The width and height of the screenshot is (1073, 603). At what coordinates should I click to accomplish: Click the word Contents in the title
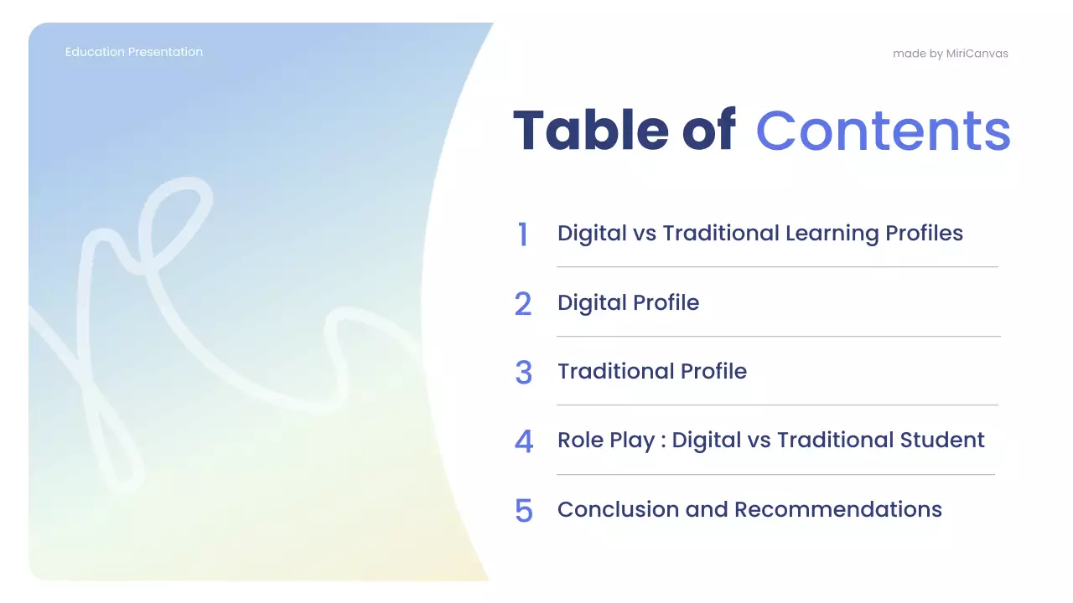[883, 131]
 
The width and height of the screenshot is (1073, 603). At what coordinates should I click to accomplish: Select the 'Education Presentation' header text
[134, 52]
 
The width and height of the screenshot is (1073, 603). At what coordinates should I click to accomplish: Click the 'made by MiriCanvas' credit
[950, 54]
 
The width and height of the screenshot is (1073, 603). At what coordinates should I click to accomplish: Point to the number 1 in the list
[523, 234]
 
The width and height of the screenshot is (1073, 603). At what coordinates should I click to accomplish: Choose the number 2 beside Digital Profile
[523, 304]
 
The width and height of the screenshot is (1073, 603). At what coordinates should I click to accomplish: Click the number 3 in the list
[523, 373]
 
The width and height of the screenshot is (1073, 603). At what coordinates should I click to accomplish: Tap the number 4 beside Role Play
[523, 441]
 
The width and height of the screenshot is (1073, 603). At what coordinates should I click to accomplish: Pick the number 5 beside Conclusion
[523, 510]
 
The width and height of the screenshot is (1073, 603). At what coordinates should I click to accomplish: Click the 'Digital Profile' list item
[628, 302]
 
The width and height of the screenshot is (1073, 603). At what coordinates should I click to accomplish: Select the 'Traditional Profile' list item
[651, 371]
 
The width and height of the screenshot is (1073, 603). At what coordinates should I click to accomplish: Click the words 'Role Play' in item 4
[605, 441]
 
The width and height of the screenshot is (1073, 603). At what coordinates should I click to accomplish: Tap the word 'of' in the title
[708, 131]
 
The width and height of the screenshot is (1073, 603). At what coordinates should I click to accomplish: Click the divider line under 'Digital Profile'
[778, 336]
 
